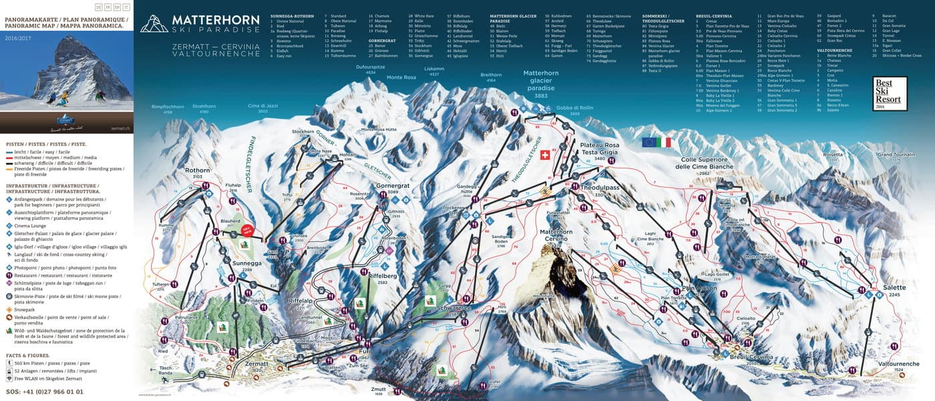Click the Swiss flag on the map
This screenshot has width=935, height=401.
point(544,154)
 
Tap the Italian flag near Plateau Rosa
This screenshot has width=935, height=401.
point(663,142)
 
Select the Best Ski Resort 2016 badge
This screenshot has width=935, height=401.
point(890,94)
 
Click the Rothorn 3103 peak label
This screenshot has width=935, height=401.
point(198,172)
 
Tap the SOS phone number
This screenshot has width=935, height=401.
point(45,392)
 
